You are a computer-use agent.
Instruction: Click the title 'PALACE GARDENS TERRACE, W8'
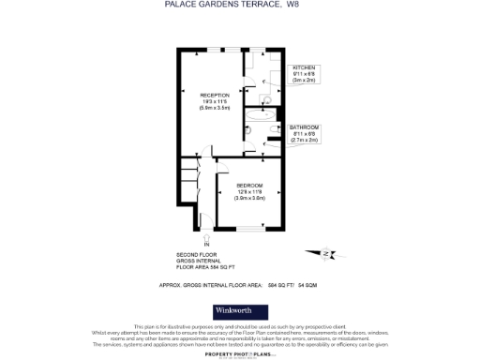(x=238, y=6)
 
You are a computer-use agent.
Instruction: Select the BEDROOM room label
(x=249, y=185)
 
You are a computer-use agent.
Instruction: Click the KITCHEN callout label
(x=305, y=68)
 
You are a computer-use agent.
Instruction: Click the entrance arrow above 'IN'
(x=193, y=237)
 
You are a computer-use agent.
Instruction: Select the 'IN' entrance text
(x=193, y=246)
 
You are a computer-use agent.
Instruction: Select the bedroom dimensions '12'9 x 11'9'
(x=249, y=191)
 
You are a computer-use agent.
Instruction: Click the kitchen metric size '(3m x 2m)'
(x=305, y=82)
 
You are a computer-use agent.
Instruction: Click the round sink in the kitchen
(x=266, y=98)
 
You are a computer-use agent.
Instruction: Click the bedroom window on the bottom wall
(x=249, y=230)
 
